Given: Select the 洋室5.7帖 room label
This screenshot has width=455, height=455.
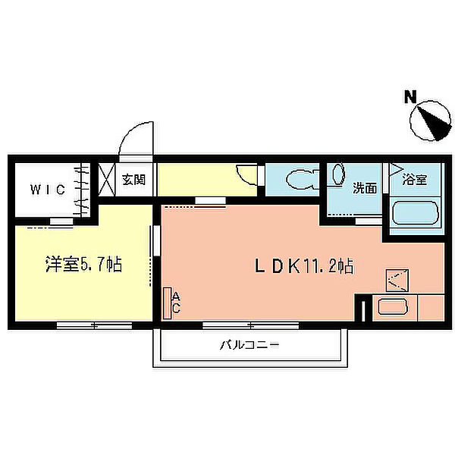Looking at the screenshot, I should point(83,265).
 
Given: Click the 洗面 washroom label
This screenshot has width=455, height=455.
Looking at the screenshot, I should point(365,188).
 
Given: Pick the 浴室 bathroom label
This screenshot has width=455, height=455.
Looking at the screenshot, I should point(414,180).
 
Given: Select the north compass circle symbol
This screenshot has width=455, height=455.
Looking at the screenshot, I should point(429,121).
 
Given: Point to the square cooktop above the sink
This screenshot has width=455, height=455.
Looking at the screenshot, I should point(398,281).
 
